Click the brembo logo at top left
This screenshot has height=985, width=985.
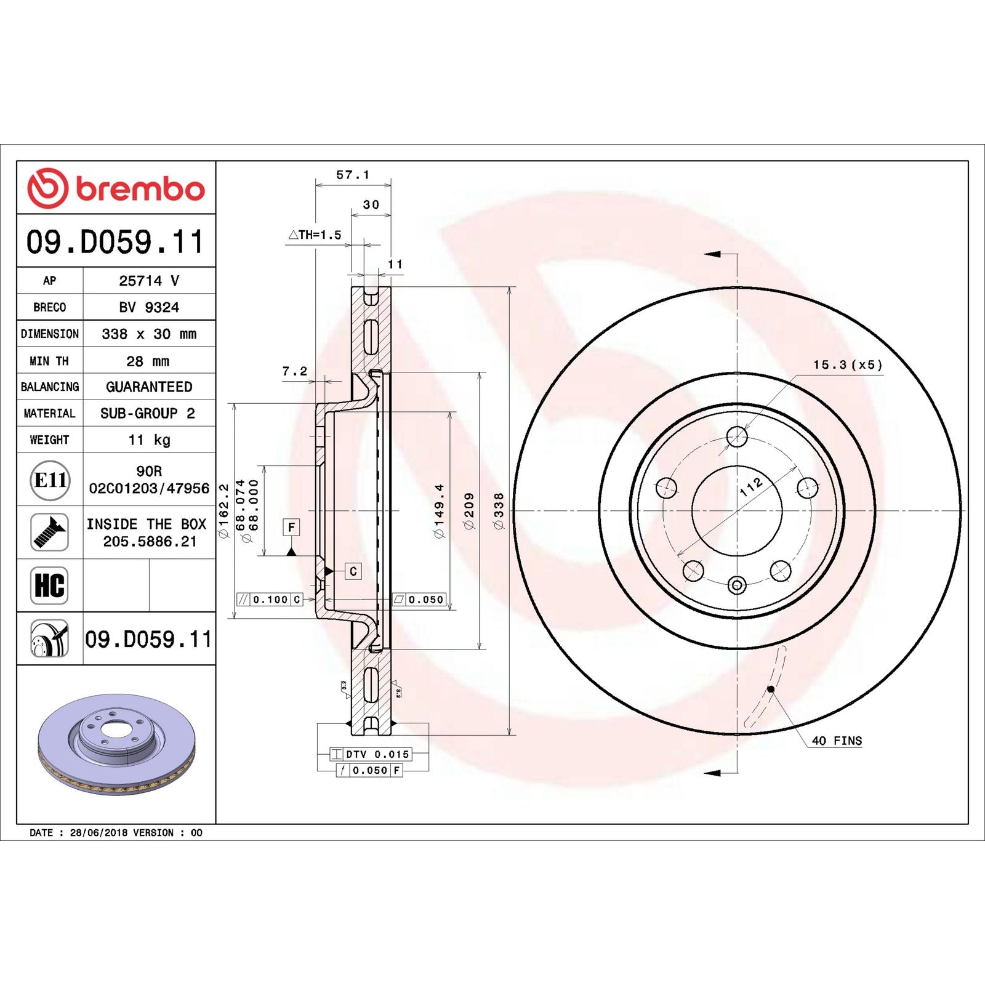[116, 188]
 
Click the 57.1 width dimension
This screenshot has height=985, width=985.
[353, 175]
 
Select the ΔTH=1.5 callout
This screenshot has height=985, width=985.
[315, 235]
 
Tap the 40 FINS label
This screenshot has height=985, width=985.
[837, 741]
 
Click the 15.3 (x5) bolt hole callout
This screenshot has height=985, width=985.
[847, 364]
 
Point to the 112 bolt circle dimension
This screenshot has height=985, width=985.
[751, 486]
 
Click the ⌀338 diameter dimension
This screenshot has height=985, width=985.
[499, 510]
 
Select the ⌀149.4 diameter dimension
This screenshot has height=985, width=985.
[439, 510]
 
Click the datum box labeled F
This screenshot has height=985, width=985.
[291, 527]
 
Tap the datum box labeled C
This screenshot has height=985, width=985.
[353, 571]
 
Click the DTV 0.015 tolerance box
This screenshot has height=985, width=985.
[371, 754]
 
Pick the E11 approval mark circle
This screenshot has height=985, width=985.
[50, 480]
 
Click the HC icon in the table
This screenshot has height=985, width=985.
[49, 585]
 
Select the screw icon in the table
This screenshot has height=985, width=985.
[49, 532]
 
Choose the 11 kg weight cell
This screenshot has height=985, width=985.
[149, 440]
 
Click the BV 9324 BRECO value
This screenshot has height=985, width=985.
[149, 307]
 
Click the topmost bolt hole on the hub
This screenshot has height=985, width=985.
[737, 436]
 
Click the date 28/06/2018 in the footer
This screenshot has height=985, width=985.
[98, 832]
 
